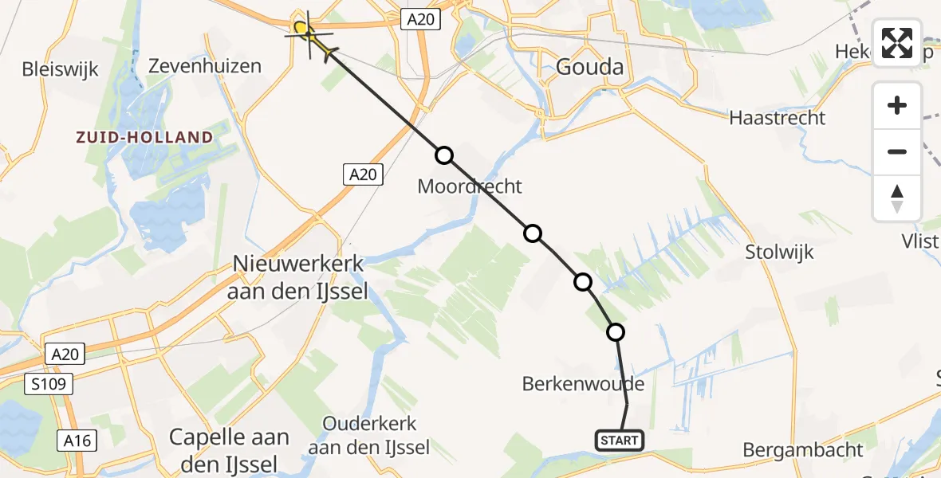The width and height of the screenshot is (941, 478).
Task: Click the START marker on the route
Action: pos(620,440)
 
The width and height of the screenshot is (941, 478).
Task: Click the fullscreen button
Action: pos(897,43)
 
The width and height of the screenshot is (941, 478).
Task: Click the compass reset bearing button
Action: pos(897,198)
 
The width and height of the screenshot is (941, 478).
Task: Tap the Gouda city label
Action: pos(590,66)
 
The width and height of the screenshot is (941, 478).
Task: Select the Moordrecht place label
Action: pos(470,186)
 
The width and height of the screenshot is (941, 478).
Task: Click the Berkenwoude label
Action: pos(583,384)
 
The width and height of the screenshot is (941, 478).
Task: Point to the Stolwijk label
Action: pos(779,253)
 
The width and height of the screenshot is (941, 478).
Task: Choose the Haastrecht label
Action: pos(778,118)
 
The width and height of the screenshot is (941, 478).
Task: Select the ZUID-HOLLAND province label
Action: pos(144,137)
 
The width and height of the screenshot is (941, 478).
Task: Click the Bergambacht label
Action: pos(802,449)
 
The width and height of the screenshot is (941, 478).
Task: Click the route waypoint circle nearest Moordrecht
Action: pos(444,155)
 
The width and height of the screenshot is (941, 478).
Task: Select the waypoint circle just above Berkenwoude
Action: pos(615,332)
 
